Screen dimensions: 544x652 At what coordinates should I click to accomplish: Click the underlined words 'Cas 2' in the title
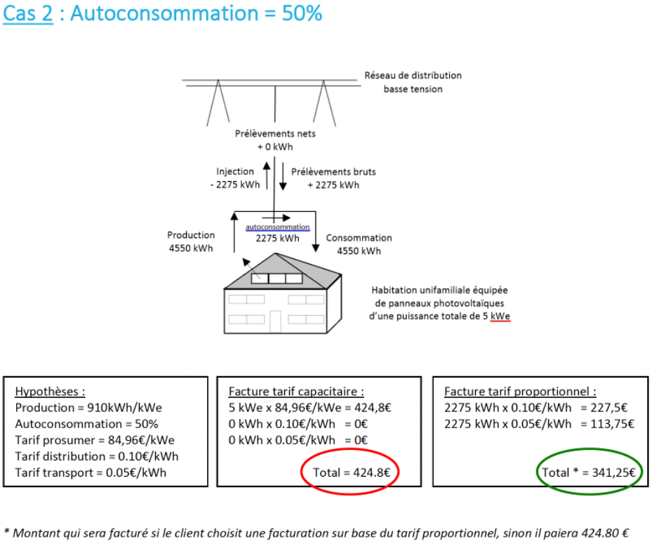pyautogui.click(x=28, y=15)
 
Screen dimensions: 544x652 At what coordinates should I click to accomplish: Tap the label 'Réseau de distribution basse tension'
pyautogui.click(x=413, y=82)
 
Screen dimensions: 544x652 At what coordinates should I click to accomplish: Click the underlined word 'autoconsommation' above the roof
pyautogui.click(x=277, y=227)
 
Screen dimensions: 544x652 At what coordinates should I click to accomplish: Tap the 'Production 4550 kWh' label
pyautogui.click(x=190, y=242)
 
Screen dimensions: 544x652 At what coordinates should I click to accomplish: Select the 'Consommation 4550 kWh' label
pyautogui.click(x=359, y=244)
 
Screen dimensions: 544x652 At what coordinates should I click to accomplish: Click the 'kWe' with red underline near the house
pyautogui.click(x=500, y=317)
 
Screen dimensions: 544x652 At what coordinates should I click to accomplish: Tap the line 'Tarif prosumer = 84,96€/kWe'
pyautogui.click(x=95, y=440)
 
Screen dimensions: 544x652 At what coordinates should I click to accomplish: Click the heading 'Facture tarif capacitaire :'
pyautogui.click(x=296, y=392)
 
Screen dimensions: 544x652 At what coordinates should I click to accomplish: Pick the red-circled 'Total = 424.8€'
pyautogui.click(x=350, y=472)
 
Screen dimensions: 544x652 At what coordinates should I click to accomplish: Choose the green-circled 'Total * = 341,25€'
pyautogui.click(x=588, y=472)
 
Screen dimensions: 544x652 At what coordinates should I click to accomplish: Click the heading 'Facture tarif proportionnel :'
pyautogui.click(x=520, y=392)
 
